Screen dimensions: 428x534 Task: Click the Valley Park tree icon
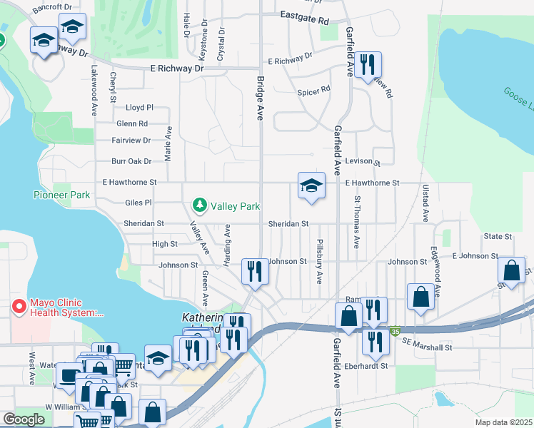click(200, 205)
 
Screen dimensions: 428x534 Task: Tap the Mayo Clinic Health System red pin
click(19, 307)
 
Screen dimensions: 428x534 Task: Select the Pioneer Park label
click(61, 195)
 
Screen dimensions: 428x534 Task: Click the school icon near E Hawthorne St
click(311, 187)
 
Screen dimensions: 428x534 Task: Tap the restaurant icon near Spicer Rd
click(368, 65)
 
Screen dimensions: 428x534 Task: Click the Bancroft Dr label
click(52, 6)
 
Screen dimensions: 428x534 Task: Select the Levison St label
click(363, 162)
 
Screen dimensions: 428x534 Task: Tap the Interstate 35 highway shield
click(396, 332)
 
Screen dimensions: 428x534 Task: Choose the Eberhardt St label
click(363, 366)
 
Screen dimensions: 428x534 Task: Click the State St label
click(498, 236)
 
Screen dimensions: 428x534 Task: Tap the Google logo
click(24, 419)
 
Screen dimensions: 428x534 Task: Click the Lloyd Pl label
click(139, 108)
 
